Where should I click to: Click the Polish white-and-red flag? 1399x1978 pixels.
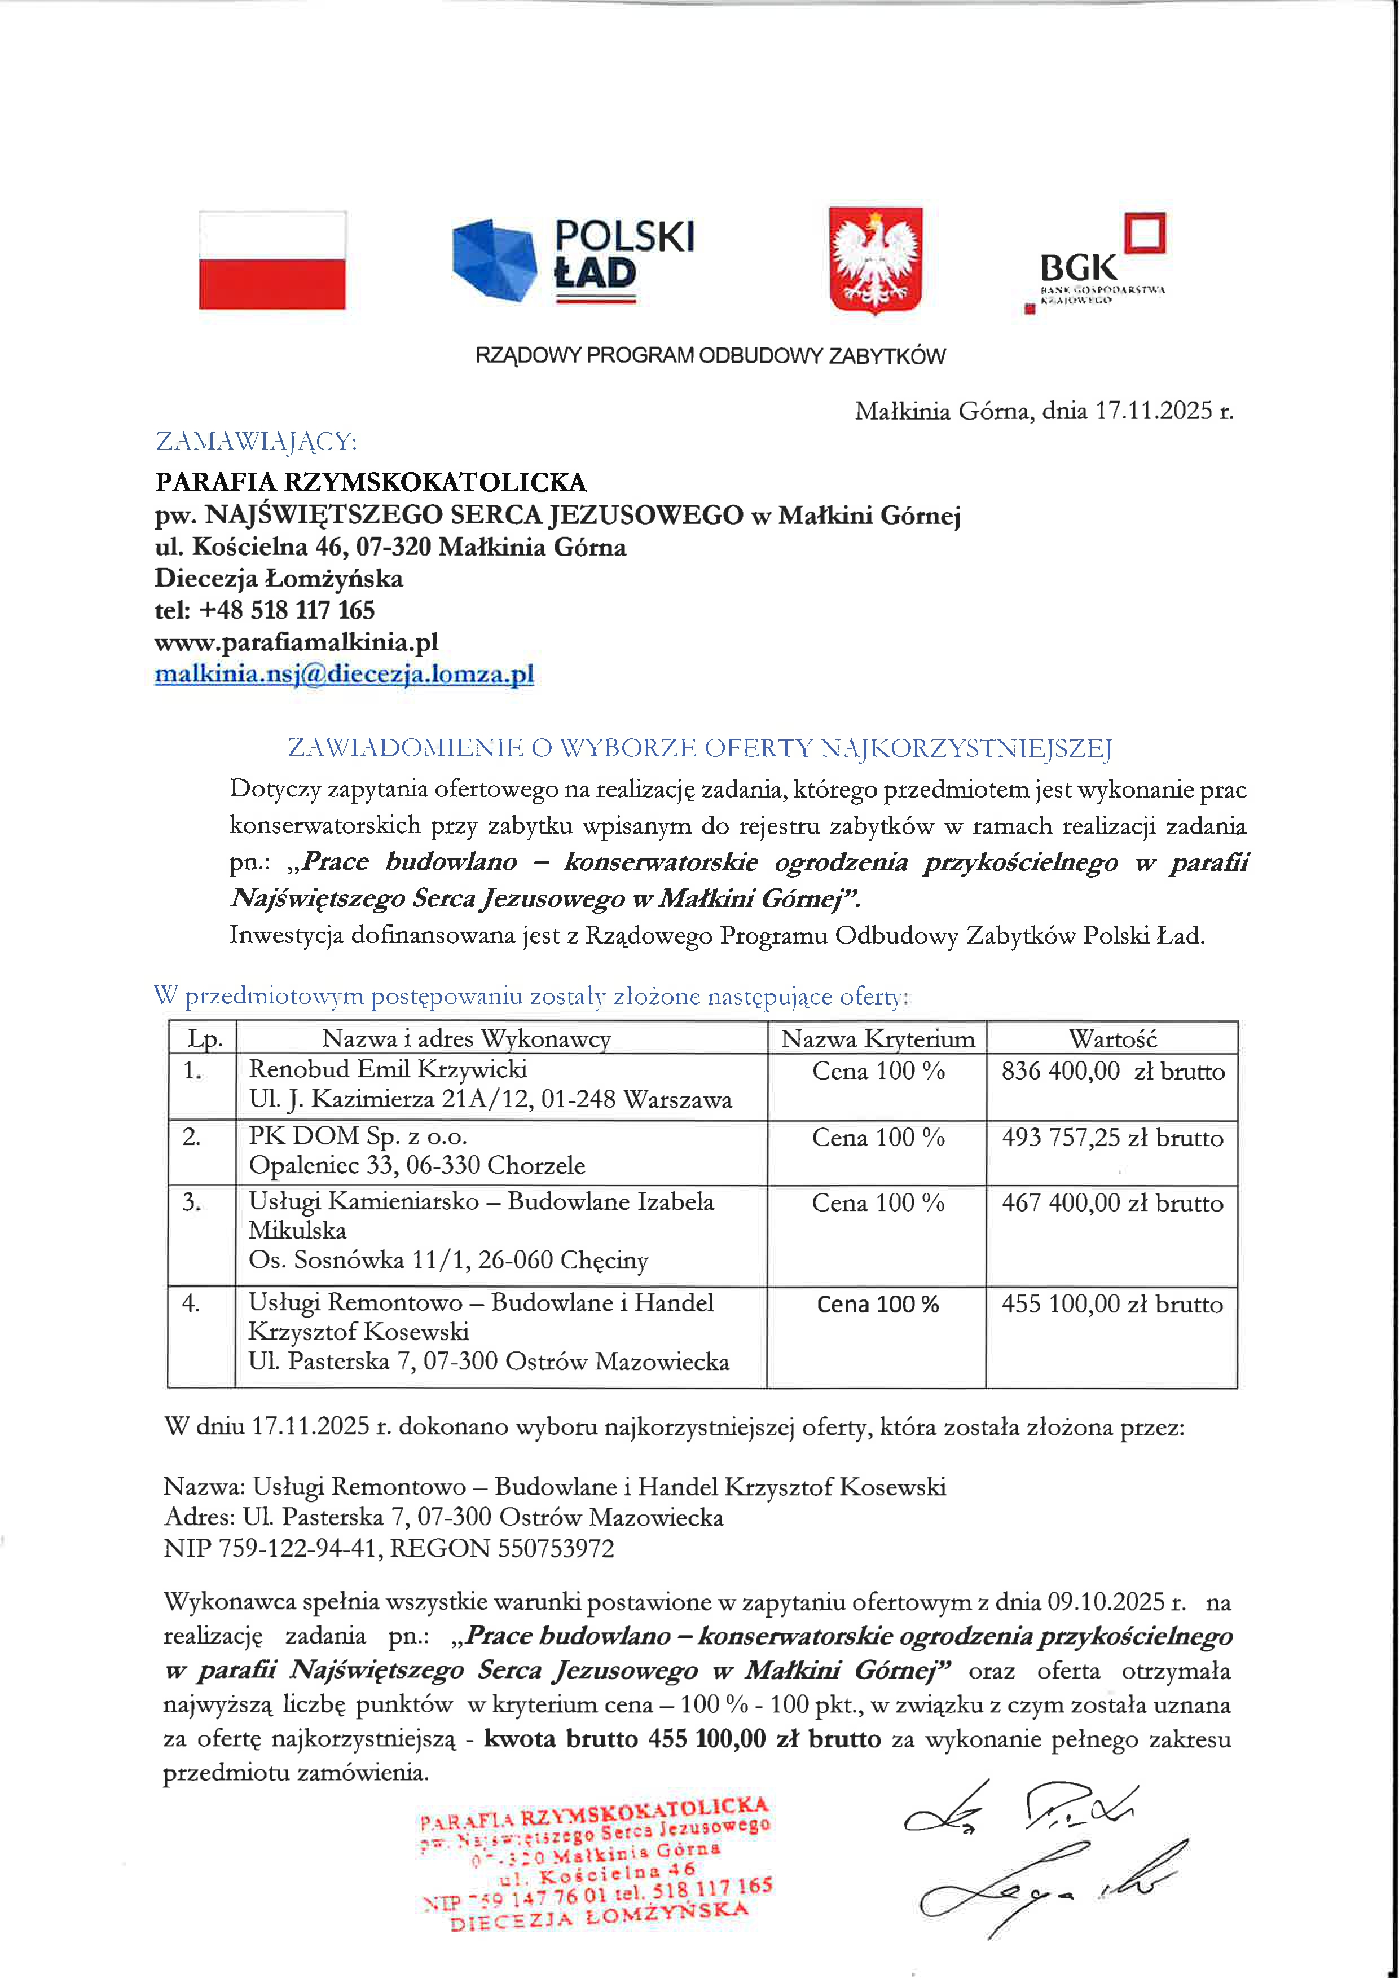pyautogui.click(x=272, y=260)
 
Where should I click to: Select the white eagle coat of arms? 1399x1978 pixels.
pyautogui.click(x=876, y=260)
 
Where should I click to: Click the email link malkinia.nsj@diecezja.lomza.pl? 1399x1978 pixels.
pyautogui.click(x=344, y=673)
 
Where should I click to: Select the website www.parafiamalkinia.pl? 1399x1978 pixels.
pyautogui.click(x=296, y=642)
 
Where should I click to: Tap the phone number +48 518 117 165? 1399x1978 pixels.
pyautogui.click(x=287, y=610)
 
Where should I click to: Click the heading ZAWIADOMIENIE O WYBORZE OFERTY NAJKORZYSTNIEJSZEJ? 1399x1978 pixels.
pyautogui.click(x=699, y=748)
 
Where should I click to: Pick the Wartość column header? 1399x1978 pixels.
pyautogui.click(x=1112, y=1039)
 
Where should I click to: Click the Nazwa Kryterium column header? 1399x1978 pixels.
pyautogui.click(x=878, y=1039)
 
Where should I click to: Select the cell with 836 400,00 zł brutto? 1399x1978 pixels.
pyautogui.click(x=1112, y=1072)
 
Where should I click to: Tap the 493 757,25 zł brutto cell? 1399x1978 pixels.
pyautogui.click(x=1112, y=1138)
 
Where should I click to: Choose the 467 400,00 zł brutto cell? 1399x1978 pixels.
pyautogui.click(x=1112, y=1204)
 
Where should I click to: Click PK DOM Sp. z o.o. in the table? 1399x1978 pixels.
pyautogui.click(x=358, y=1136)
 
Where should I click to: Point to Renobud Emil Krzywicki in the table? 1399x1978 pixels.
pyautogui.click(x=388, y=1070)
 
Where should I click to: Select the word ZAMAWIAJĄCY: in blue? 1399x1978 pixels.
pyautogui.click(x=256, y=442)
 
